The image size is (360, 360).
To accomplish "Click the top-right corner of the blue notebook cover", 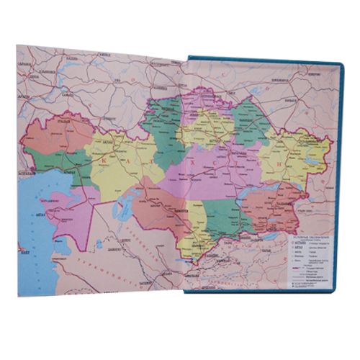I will click(342, 64).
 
